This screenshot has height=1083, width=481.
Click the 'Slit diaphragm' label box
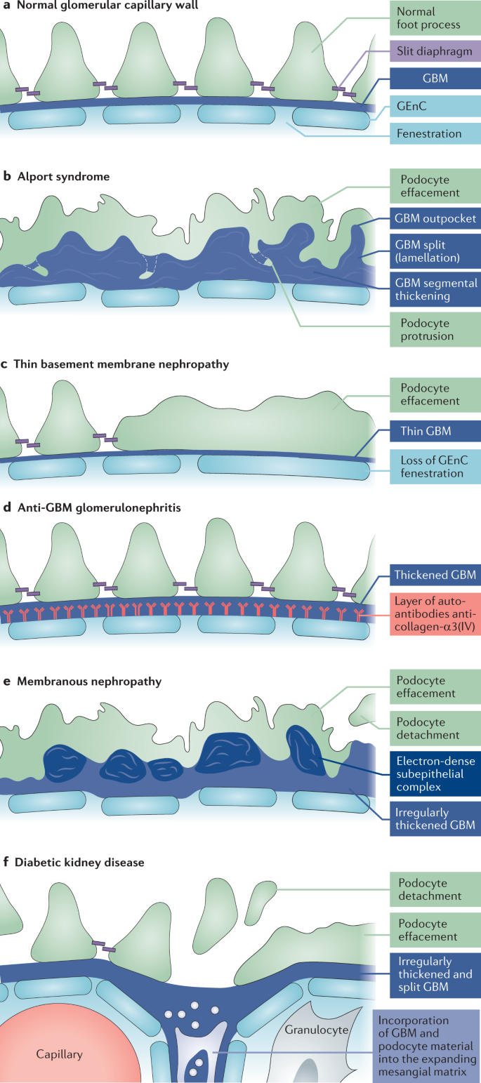(435, 51)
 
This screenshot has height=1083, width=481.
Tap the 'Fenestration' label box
(435, 133)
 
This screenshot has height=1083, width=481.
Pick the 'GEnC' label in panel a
(435, 106)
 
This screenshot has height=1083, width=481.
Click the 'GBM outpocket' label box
(435, 218)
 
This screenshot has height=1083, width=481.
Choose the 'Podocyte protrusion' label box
(435, 329)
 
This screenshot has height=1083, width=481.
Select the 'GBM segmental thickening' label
(435, 290)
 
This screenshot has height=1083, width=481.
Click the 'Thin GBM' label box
(435, 431)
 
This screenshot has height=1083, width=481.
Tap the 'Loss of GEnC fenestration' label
(435, 465)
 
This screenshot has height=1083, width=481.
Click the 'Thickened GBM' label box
(435, 576)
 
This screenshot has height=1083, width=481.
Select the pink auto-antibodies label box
(435, 614)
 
